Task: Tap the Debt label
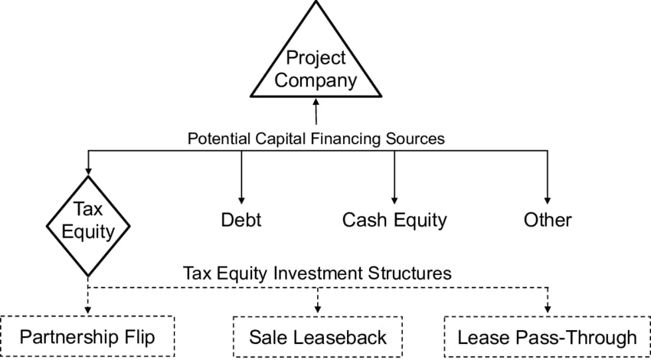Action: (x=241, y=221)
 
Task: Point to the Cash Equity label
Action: (x=394, y=221)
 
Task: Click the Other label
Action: (x=548, y=221)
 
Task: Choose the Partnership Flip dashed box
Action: (x=88, y=337)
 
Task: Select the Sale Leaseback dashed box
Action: (x=318, y=337)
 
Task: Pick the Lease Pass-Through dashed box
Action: (x=547, y=337)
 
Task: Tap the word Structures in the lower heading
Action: (x=413, y=273)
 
